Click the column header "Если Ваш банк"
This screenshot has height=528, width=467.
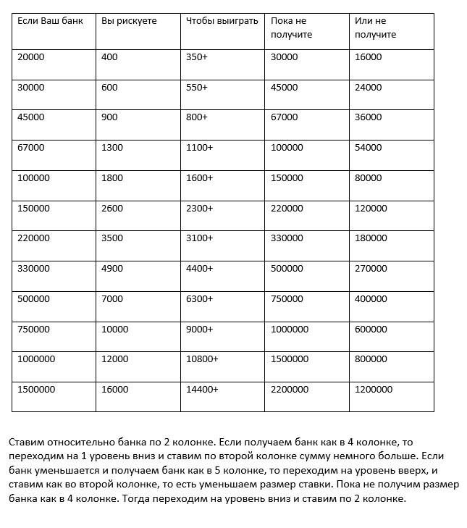coord(50,21)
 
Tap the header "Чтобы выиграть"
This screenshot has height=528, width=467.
coord(222,21)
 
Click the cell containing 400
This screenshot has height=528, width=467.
coord(109,57)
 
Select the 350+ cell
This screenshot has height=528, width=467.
coord(196,57)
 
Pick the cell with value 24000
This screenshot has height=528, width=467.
coord(368,88)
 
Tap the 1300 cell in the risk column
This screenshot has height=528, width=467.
coord(112,148)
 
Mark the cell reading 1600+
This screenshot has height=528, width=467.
coord(199,178)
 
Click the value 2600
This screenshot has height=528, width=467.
coord(112,209)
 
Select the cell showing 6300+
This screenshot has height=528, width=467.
coord(199,299)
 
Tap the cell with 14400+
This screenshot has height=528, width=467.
coord(202,390)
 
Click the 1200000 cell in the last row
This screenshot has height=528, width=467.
coord(374,390)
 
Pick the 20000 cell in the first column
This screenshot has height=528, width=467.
coord(30,57)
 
